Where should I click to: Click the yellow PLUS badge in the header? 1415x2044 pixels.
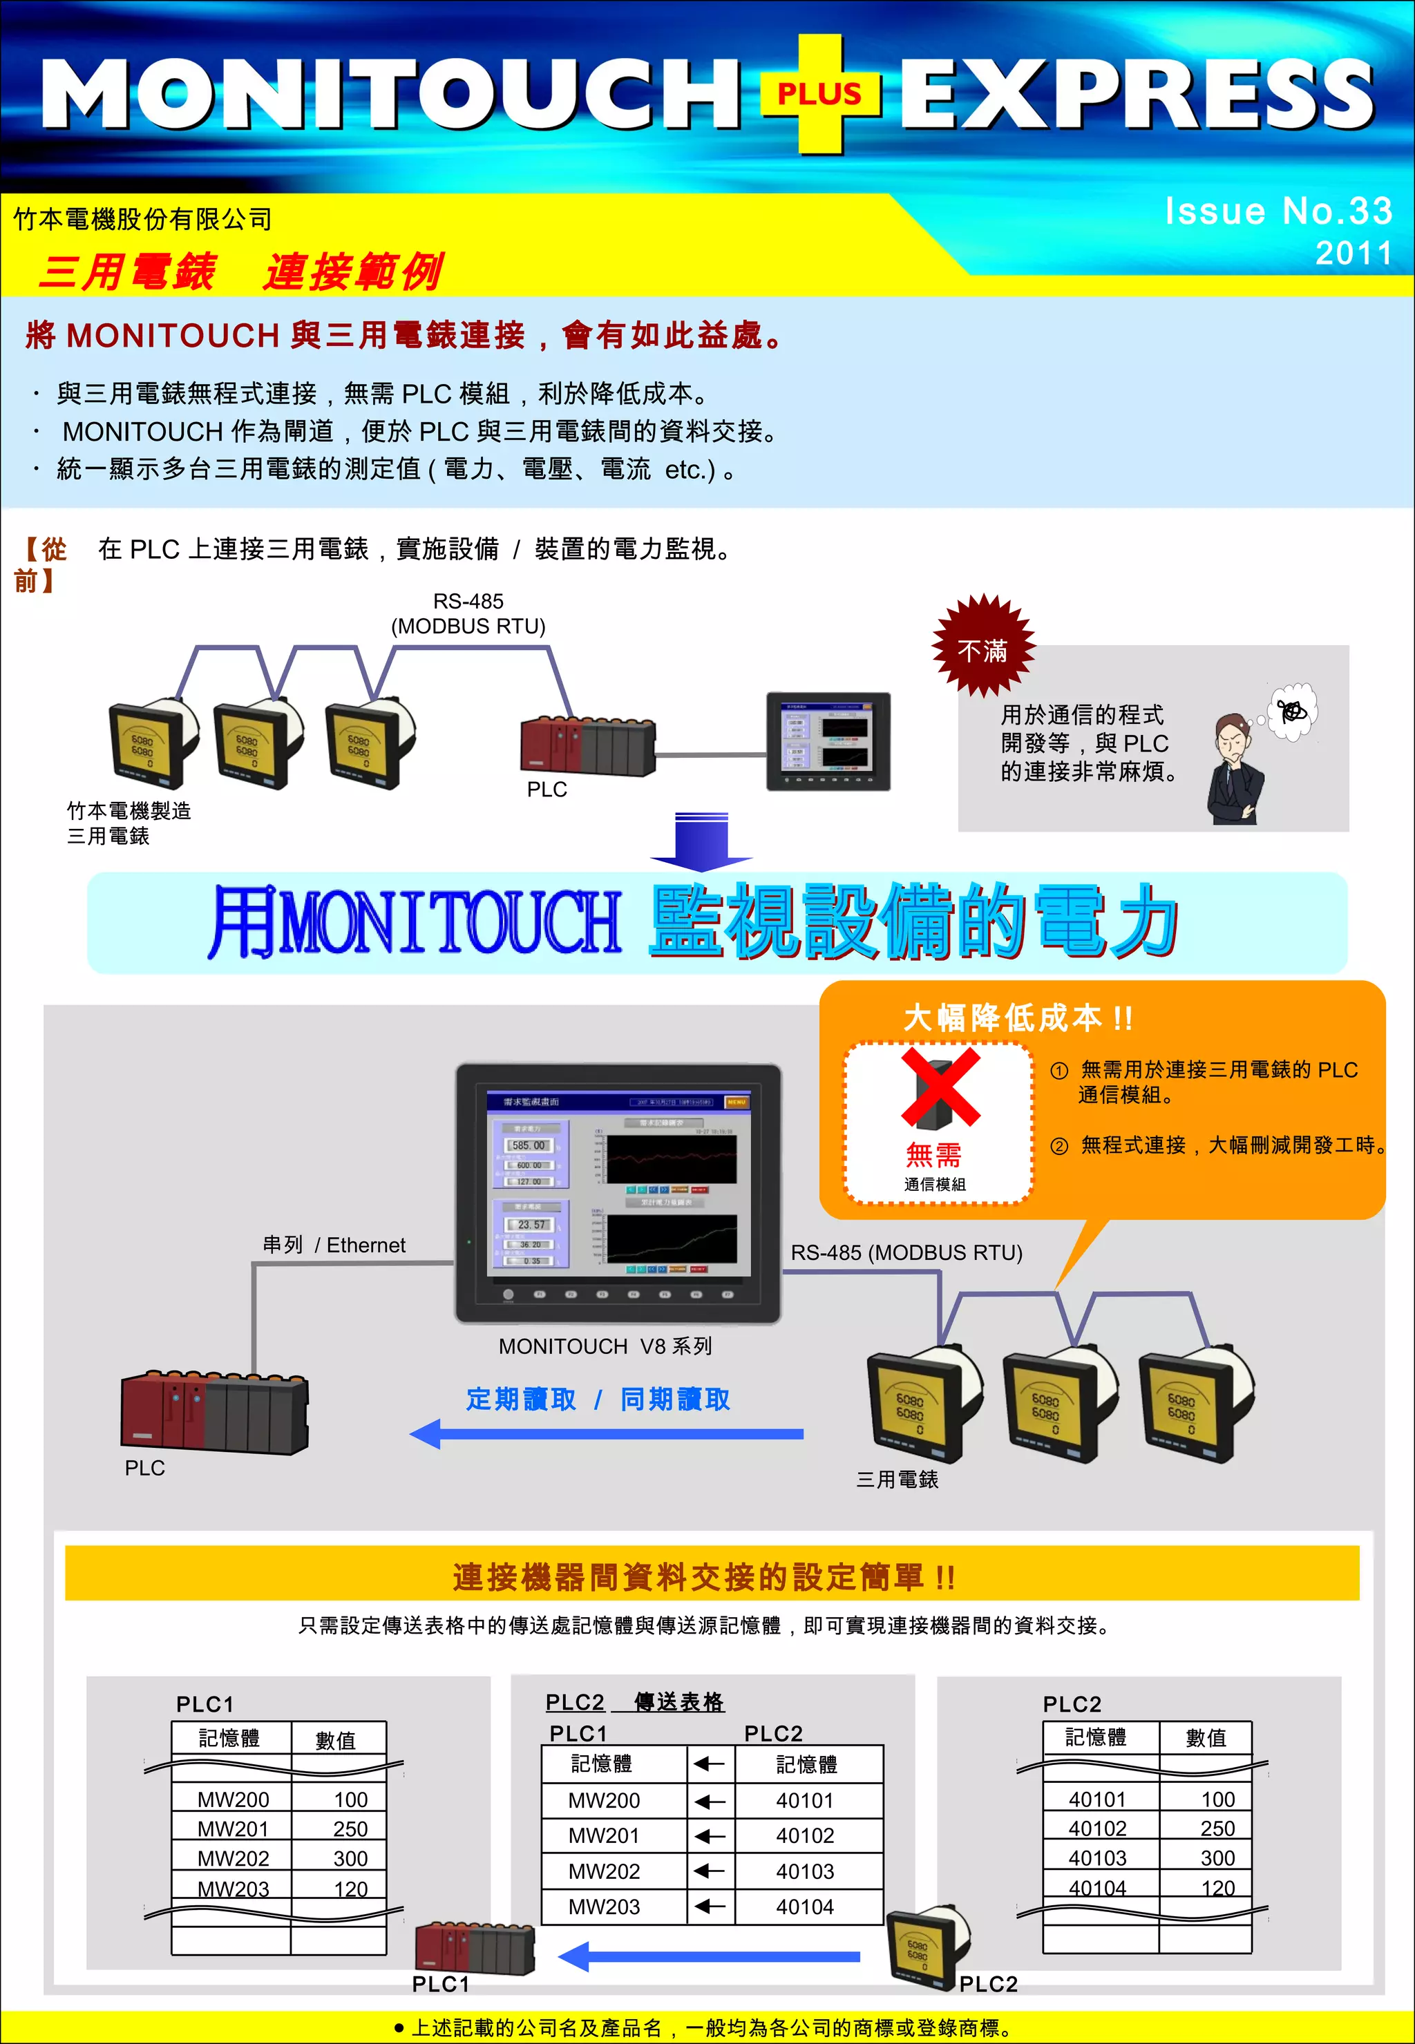coord(820,93)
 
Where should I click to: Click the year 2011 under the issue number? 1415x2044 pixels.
coord(1353,254)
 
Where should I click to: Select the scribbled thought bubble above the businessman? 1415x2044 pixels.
coord(1293,711)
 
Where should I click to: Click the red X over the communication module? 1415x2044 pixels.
coord(940,1087)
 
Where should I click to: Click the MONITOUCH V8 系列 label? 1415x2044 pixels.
coord(605,1346)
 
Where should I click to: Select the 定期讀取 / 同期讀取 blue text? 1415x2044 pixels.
coord(598,1400)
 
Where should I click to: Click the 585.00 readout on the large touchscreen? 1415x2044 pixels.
coord(529,1145)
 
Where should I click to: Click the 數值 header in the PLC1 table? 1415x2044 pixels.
coord(335,1741)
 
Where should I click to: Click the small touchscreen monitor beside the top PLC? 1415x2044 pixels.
coord(828,741)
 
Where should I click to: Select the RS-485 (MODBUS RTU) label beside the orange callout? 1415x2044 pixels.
coord(906,1252)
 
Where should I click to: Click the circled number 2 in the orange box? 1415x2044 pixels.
coord(1058,1146)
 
